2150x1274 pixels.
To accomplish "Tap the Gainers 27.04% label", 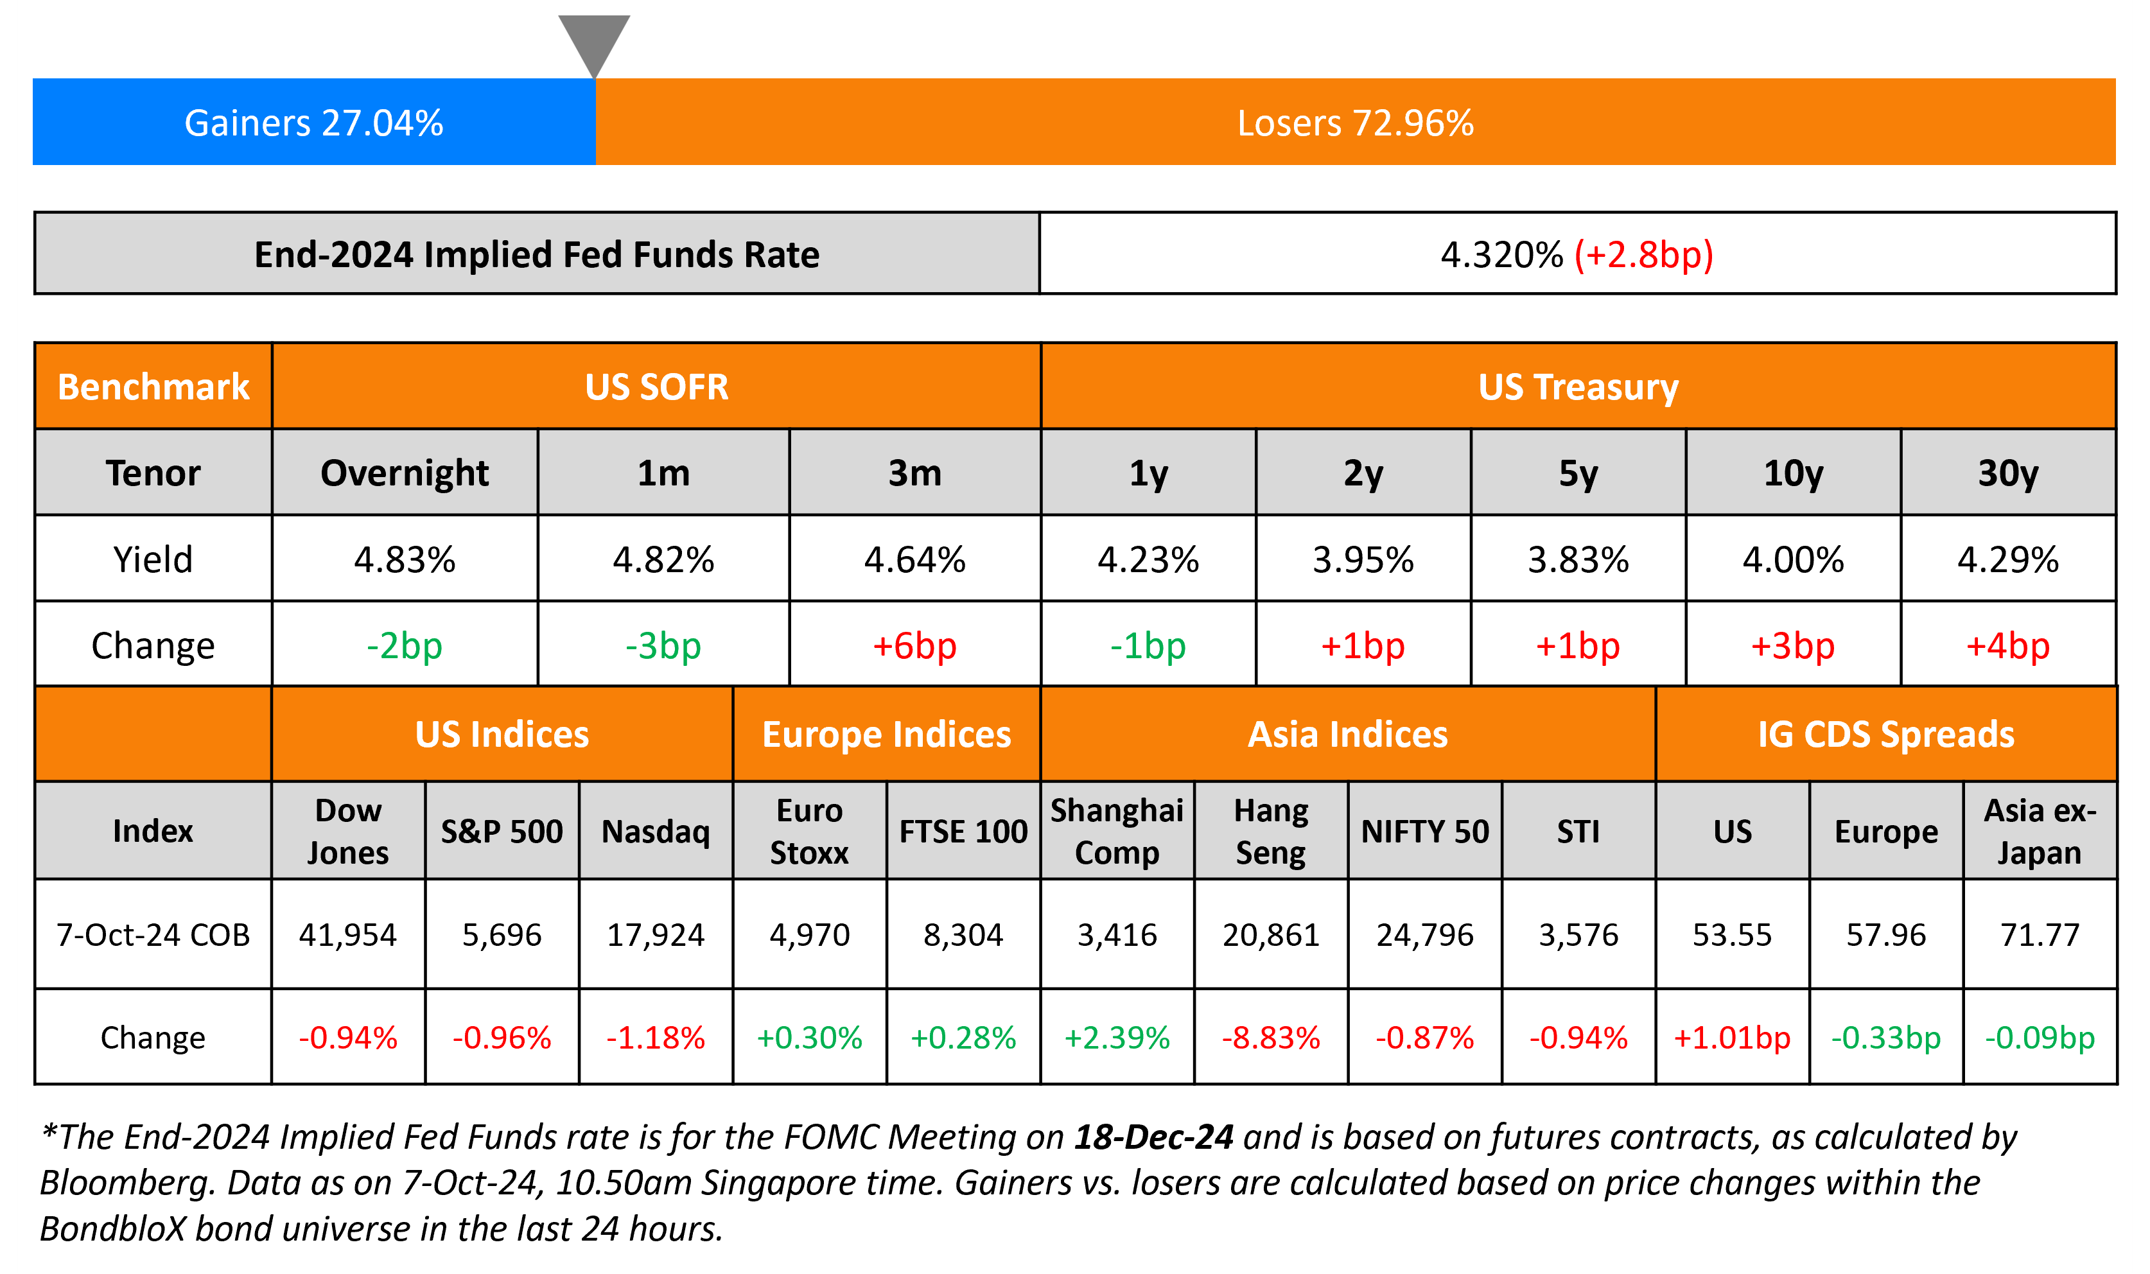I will click(313, 123).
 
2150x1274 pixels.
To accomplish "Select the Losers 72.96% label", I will click(1354, 123).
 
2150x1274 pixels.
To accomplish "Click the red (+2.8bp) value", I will click(1643, 255).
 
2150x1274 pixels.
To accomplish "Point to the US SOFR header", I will click(656, 387).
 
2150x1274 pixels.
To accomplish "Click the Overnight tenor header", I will click(405, 473).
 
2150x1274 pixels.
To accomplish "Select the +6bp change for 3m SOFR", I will click(914, 645).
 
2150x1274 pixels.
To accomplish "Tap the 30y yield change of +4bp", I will click(2007, 645).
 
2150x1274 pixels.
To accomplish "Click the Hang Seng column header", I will click(1270, 831).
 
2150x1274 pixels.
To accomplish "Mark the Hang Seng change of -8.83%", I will click(1270, 1038).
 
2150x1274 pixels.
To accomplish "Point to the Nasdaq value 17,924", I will click(656, 935).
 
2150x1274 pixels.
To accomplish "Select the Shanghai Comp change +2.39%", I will click(1117, 1038).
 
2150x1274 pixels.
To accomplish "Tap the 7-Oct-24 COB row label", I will click(153, 935).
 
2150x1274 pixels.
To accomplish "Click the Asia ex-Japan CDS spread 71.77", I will click(2040, 935).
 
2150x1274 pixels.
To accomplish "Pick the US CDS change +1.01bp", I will click(1732, 1038).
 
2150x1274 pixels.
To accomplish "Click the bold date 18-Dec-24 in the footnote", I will click(1153, 1137).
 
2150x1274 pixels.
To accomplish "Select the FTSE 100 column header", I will click(963, 831).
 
